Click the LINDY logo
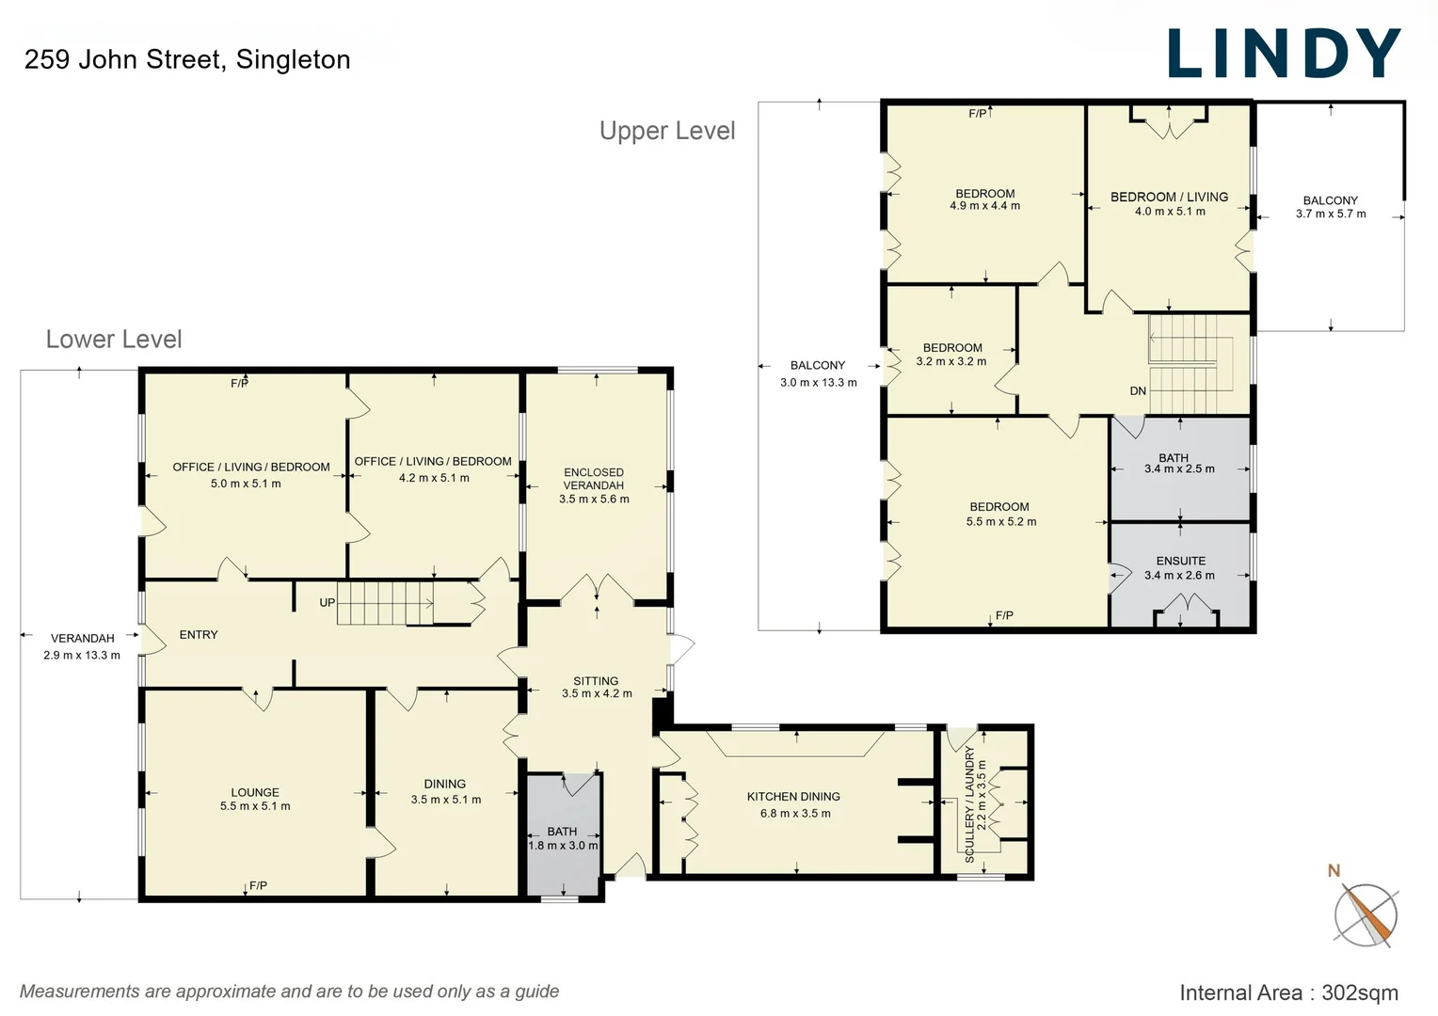pos(1284,54)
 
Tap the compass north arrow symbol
pos(1365,913)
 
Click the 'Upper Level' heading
pos(667,131)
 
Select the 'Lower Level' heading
pos(114,340)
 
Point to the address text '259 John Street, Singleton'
pos(187,59)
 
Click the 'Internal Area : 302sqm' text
pos(1288,992)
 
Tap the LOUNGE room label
pos(255,792)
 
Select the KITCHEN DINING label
pos(793,797)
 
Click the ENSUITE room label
pos(1180,561)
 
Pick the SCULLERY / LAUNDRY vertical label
pos(969,804)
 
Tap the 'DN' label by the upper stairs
pos(1138,391)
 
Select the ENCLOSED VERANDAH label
pos(594,479)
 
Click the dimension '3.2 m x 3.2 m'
pos(951,361)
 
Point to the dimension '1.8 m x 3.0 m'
pos(563,846)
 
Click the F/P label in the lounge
pos(258,885)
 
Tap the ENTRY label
pos(199,635)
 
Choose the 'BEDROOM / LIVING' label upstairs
pos(1169,197)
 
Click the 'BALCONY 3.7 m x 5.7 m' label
pos(1330,207)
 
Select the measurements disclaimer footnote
pos(289,992)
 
